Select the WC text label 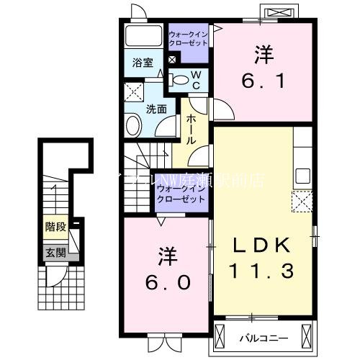(194, 81)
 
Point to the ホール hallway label (193, 130)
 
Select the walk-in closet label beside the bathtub (189, 39)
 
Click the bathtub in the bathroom (143, 37)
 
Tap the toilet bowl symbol (181, 80)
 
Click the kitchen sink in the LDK (302, 175)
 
